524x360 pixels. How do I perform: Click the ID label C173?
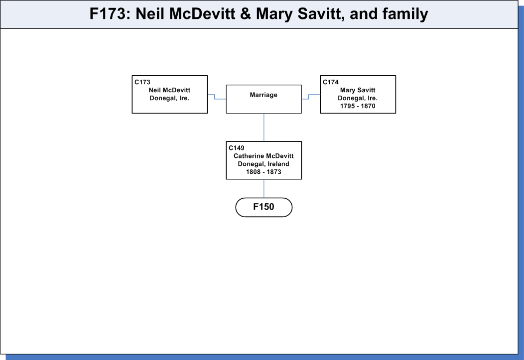point(142,82)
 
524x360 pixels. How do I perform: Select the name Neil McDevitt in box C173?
point(169,90)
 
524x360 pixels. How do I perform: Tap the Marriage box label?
point(263,95)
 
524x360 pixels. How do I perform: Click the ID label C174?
point(331,82)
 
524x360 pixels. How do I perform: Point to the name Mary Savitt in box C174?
point(358,90)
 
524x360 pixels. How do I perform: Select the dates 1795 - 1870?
point(358,106)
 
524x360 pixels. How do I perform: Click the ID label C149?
point(236,148)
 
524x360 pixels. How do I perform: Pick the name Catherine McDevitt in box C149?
point(263,156)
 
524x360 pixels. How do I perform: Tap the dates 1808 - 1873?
point(263,172)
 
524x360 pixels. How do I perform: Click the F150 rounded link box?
point(263,207)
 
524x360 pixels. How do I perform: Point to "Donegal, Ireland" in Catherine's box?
point(263,164)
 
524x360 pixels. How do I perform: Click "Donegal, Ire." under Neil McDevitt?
point(169,98)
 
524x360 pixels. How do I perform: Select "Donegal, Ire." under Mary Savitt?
point(358,98)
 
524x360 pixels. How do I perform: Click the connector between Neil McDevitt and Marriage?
point(215,97)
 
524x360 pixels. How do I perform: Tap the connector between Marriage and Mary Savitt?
point(309,97)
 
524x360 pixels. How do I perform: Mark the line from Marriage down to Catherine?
point(264,127)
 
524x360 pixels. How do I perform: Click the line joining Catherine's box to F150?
point(264,188)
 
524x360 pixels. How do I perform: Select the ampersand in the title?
point(245,14)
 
